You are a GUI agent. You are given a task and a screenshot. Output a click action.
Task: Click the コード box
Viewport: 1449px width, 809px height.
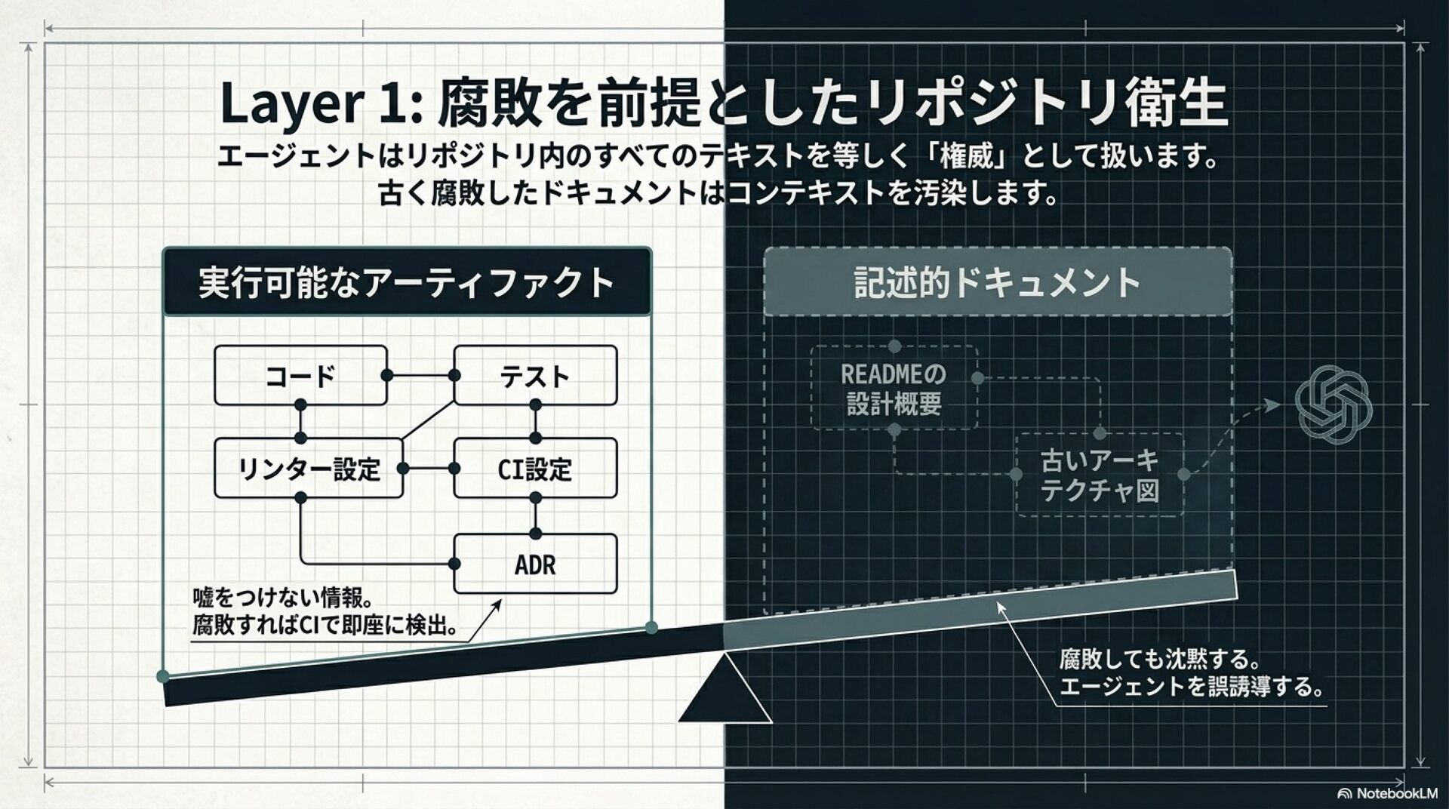[x=300, y=376]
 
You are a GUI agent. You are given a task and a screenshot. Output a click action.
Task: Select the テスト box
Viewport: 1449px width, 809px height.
[x=535, y=376]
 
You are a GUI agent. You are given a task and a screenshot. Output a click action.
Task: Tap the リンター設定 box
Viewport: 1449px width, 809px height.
[x=308, y=469]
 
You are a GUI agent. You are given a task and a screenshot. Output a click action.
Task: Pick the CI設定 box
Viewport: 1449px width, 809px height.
[x=535, y=469]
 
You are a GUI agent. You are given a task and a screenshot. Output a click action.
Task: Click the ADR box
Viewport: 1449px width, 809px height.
[x=535, y=564]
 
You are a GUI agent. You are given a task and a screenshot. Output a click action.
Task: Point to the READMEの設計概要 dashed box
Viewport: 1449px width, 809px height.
[x=894, y=389]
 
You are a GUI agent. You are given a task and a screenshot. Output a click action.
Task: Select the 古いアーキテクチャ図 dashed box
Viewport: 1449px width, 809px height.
[x=1100, y=475]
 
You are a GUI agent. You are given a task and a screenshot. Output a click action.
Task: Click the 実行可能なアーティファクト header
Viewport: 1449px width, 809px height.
[x=406, y=282]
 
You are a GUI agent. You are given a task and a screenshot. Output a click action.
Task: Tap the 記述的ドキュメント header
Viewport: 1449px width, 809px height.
[x=997, y=282]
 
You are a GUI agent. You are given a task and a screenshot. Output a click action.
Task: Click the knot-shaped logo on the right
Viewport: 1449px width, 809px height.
[x=1333, y=404]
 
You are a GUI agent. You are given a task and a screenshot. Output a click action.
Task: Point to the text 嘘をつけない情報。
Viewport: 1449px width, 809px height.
[x=284, y=598]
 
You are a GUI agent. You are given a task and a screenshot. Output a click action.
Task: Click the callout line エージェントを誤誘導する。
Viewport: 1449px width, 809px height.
[x=1192, y=687]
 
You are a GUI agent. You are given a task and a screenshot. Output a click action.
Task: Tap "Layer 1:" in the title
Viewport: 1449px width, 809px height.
[x=321, y=103]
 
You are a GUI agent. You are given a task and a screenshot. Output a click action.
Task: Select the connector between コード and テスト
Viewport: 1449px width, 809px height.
[x=420, y=376]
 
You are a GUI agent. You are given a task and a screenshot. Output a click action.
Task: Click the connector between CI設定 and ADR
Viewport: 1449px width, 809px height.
[x=535, y=515]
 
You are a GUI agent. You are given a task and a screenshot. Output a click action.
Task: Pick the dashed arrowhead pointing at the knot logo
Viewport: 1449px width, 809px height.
[x=1273, y=405]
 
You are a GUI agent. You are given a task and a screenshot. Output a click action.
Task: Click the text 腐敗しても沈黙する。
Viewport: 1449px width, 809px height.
[x=1160, y=660]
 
